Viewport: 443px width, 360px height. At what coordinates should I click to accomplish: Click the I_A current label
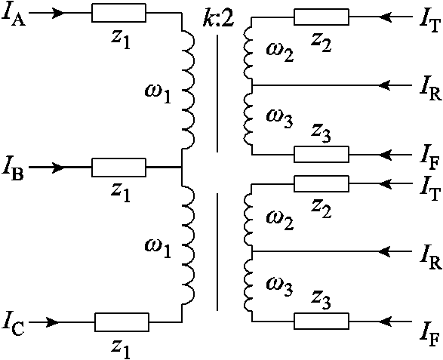14,14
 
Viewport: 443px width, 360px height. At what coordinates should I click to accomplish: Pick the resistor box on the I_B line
118,167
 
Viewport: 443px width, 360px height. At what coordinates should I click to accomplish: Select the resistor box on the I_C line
121,322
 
